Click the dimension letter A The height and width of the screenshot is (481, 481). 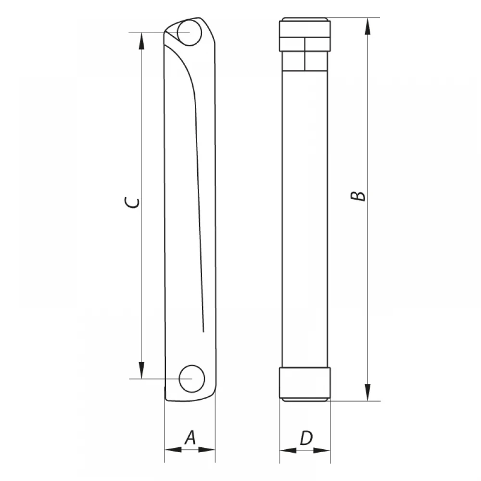(190, 437)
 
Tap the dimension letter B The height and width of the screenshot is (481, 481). (358, 196)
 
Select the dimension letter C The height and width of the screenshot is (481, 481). (132, 203)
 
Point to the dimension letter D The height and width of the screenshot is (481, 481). (306, 438)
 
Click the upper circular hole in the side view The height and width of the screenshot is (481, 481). (190, 33)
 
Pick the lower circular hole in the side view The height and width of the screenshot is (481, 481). (192, 379)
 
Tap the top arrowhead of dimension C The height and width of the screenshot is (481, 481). (141, 41)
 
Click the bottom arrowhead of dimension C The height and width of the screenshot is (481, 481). (141, 370)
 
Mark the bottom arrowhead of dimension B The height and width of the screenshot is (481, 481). (368, 392)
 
